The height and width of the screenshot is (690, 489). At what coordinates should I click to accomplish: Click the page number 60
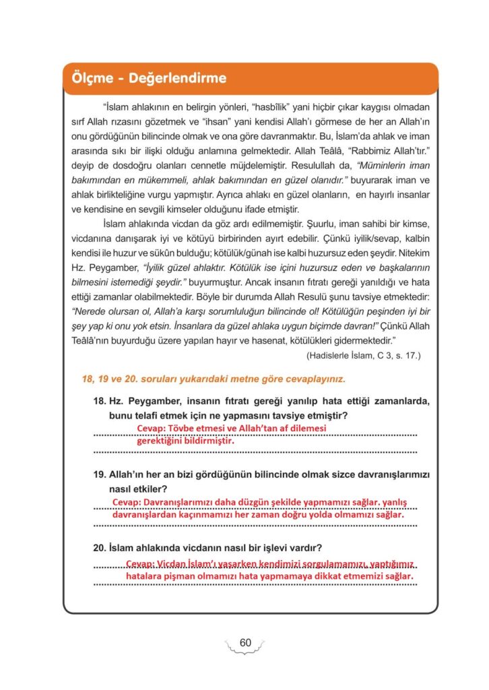[244, 642]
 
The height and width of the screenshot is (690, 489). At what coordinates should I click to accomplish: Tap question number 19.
[100, 474]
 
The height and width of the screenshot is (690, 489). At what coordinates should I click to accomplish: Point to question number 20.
[100, 547]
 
